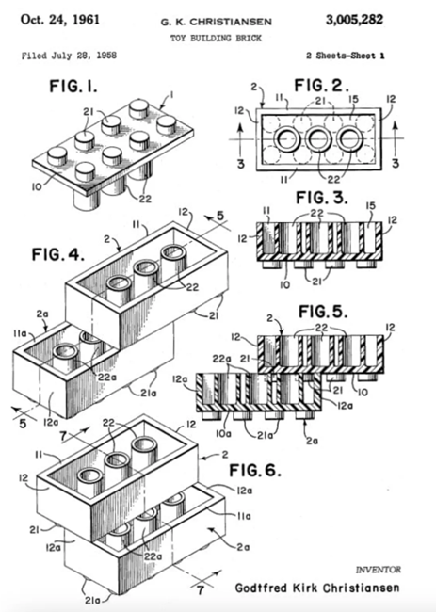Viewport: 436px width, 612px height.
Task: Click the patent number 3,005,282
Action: point(354,20)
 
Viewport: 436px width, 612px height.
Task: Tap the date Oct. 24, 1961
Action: point(60,20)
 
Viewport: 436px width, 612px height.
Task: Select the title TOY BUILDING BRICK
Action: point(216,39)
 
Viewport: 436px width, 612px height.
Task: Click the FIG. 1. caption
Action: point(73,86)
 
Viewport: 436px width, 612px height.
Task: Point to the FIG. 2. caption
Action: point(321,85)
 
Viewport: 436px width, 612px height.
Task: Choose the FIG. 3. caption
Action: point(322,198)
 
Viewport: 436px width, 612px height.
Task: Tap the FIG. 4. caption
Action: point(57,254)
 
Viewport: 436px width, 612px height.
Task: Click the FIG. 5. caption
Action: point(323,312)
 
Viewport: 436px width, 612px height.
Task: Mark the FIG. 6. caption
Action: point(254,470)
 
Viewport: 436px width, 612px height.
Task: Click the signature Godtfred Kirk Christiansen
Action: point(317,588)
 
